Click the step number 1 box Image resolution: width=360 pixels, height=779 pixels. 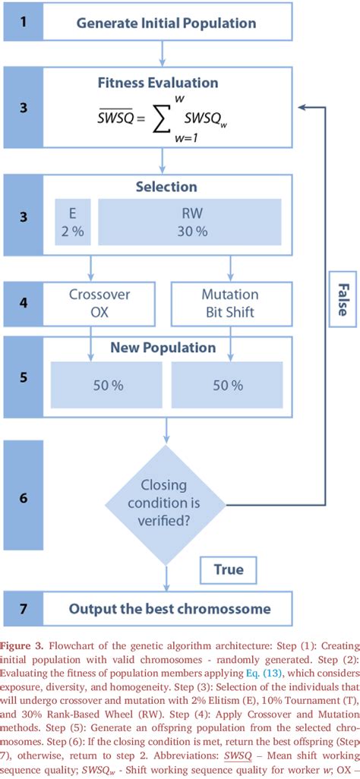pos(24,22)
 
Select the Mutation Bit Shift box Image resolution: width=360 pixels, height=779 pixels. pos(229,302)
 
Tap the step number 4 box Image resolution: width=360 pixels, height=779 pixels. pos(24,302)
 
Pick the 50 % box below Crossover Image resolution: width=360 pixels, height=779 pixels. pos(107,384)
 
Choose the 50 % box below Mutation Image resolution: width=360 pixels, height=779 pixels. pos(227,384)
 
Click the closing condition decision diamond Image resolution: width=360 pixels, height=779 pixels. pos(166,504)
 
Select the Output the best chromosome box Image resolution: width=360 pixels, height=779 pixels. pos(169,608)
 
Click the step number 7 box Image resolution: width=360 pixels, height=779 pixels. pos(24,608)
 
